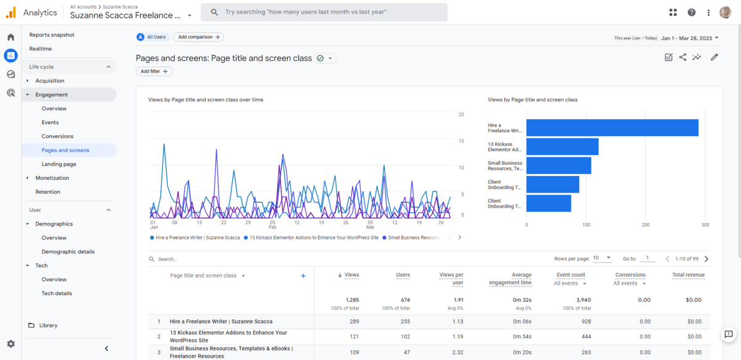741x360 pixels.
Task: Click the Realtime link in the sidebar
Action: tap(40, 49)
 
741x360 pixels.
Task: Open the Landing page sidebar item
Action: tap(59, 164)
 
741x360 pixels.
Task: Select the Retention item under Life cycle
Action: tap(48, 192)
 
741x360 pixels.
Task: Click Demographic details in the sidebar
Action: tap(68, 252)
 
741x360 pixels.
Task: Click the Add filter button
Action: tap(154, 72)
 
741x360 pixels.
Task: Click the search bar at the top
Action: tap(324, 12)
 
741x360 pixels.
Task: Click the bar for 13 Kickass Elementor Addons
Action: tap(563, 147)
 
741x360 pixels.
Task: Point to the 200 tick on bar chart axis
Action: tap(645, 225)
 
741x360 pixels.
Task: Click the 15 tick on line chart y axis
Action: tap(461, 141)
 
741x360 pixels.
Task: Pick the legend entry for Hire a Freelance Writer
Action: tap(195, 238)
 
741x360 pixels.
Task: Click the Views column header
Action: tap(349, 275)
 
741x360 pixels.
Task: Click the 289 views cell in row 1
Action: tap(354, 322)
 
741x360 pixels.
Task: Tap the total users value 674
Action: tap(402, 300)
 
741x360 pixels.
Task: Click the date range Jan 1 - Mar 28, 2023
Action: tap(689, 38)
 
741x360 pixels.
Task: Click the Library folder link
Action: tap(48, 325)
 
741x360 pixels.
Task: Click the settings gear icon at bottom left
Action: tap(10, 344)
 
